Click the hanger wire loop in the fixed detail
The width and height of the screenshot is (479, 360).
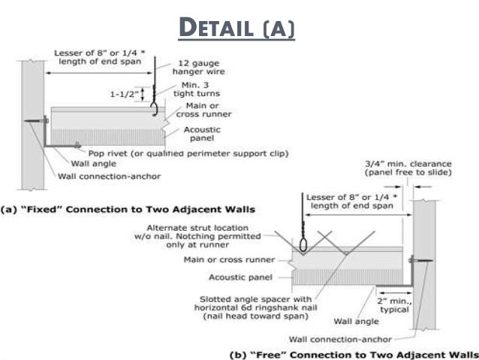[x=155, y=108]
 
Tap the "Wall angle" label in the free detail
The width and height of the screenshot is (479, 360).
[x=336, y=321]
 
